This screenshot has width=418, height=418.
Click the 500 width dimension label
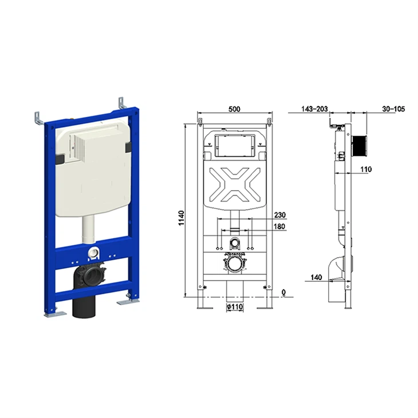click(x=234, y=109)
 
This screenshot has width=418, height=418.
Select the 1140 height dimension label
click(x=182, y=218)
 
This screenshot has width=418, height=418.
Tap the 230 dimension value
click(x=280, y=215)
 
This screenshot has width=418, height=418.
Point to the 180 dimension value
click(x=279, y=226)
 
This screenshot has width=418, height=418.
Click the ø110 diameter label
click(x=235, y=307)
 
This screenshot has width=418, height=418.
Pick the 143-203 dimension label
click(x=314, y=109)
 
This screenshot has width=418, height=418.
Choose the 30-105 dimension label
click(x=393, y=109)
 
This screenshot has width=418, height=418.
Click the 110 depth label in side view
click(x=366, y=169)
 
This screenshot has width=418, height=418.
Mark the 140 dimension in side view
click(x=316, y=277)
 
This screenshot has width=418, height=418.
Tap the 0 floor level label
click(x=283, y=293)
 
